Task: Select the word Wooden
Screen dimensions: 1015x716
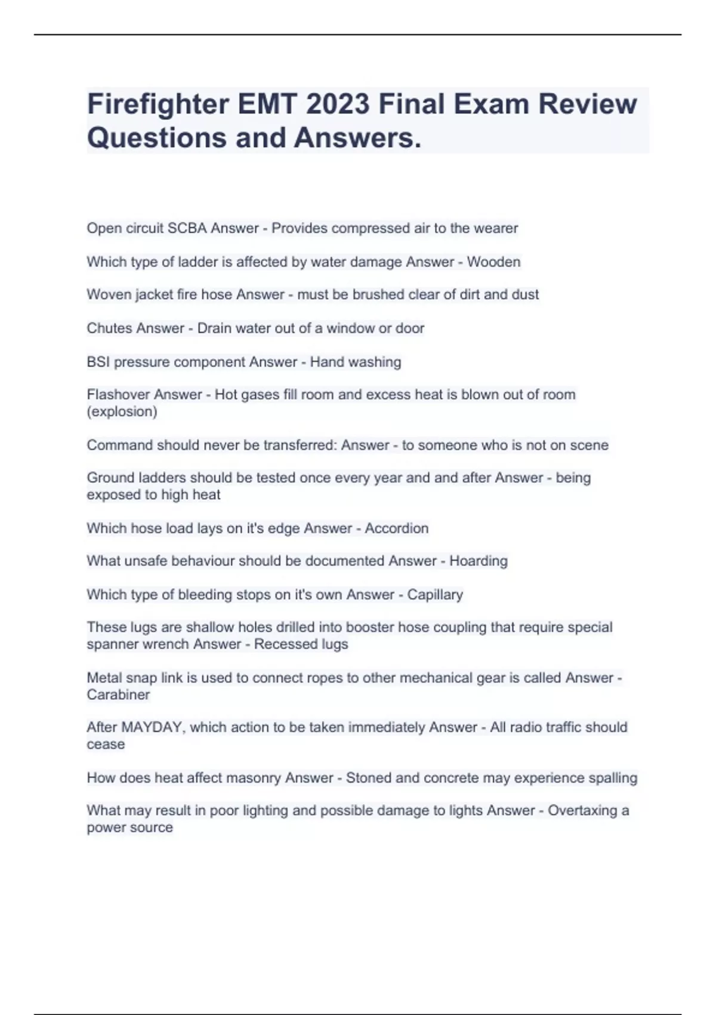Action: click(493, 262)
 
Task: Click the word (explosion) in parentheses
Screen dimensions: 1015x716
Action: click(122, 411)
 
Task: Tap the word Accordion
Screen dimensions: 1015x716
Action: click(396, 528)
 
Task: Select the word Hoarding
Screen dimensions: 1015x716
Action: click(478, 561)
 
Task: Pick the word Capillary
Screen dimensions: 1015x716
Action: click(435, 594)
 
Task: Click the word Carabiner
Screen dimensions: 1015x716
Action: click(118, 694)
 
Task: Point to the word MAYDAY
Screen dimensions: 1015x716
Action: click(152, 727)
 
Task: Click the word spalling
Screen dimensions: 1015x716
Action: click(613, 778)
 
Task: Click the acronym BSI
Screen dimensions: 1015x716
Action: click(98, 362)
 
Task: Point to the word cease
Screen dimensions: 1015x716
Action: click(106, 744)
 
